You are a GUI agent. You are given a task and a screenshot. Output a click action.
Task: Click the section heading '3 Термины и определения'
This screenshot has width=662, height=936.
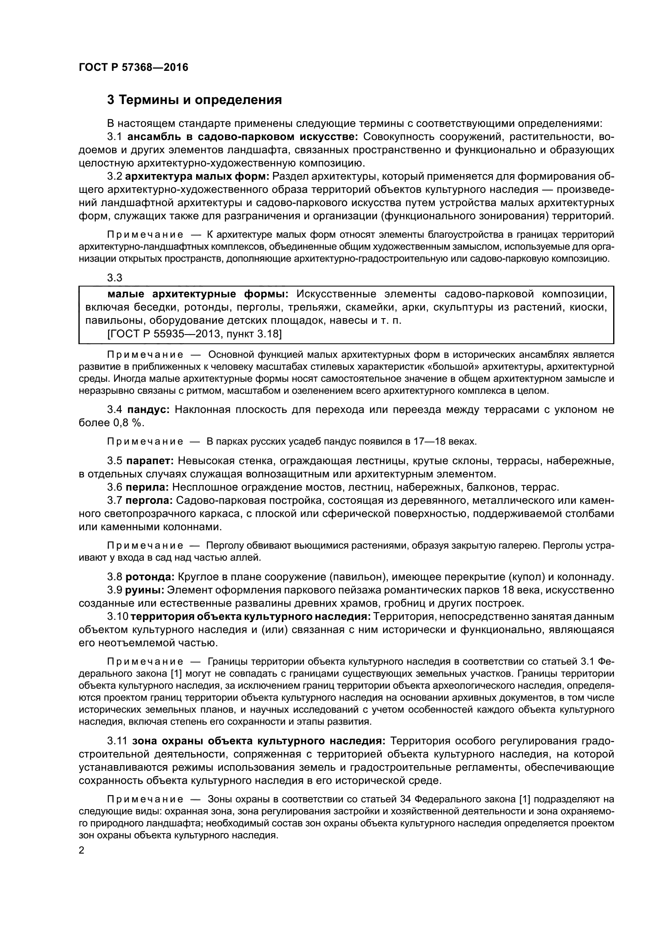(x=195, y=100)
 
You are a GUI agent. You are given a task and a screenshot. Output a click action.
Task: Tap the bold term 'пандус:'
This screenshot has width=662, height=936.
(x=148, y=410)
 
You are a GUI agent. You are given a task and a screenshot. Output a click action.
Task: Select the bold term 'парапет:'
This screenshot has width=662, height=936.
(x=150, y=461)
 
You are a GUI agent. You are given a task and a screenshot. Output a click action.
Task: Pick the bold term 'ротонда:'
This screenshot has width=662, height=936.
(x=150, y=577)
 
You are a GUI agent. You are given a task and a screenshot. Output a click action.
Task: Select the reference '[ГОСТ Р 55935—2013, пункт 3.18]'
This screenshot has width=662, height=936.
(x=195, y=334)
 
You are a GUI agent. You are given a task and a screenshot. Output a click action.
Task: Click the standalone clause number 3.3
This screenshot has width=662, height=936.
(x=114, y=278)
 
